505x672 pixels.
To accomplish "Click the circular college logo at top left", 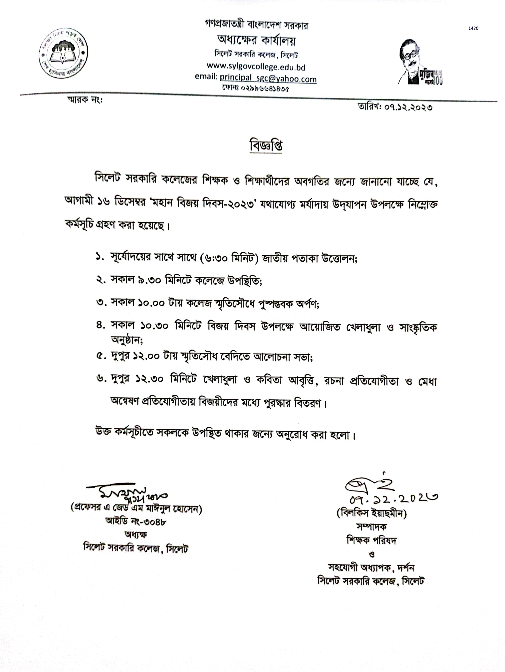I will [x=63, y=54].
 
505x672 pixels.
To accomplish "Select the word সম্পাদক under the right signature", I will [x=371, y=527].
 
